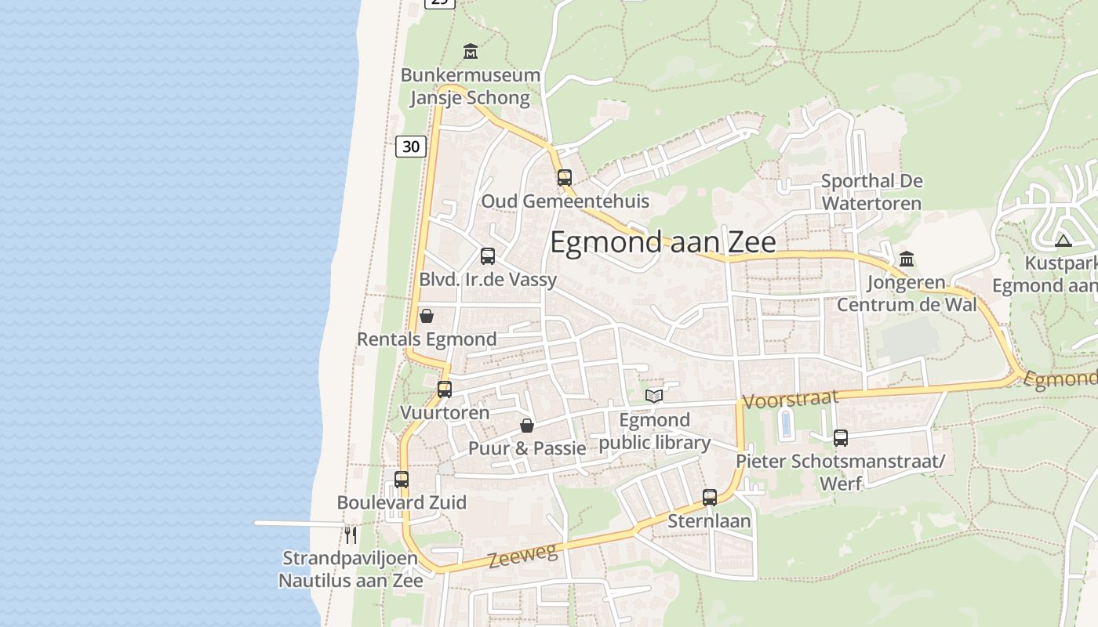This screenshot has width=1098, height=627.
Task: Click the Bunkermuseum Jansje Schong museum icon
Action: coord(471,52)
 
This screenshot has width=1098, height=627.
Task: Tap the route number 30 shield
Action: coord(411,146)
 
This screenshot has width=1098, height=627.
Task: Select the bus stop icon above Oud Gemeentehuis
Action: coord(565,177)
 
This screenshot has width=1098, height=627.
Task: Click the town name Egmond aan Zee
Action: coord(663,242)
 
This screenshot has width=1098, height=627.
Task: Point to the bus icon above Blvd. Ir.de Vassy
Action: coord(488,256)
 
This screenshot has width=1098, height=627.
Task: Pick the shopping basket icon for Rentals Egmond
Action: coord(427,316)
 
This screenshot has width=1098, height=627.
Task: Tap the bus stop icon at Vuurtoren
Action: coord(445,389)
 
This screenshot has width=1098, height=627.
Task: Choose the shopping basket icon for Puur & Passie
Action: coord(527,426)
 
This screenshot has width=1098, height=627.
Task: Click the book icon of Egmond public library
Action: coord(654,396)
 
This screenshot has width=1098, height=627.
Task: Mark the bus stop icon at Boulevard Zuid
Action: coord(402,479)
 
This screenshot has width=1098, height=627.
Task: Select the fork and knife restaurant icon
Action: coord(351,535)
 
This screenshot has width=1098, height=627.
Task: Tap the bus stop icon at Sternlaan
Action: coord(710,497)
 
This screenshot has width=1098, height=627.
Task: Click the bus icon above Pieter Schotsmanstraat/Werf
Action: coord(841,438)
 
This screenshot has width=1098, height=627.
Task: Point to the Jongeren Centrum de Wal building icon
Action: coord(907,259)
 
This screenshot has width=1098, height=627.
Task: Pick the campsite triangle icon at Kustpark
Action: coord(1063,241)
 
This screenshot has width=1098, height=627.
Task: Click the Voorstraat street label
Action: coord(790,400)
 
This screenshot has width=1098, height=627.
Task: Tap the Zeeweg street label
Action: coord(522,556)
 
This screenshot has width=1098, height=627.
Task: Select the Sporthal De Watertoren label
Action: coord(871,192)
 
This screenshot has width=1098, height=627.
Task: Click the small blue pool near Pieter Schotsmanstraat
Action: coord(786,425)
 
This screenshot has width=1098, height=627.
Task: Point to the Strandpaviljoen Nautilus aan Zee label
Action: coord(351,570)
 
